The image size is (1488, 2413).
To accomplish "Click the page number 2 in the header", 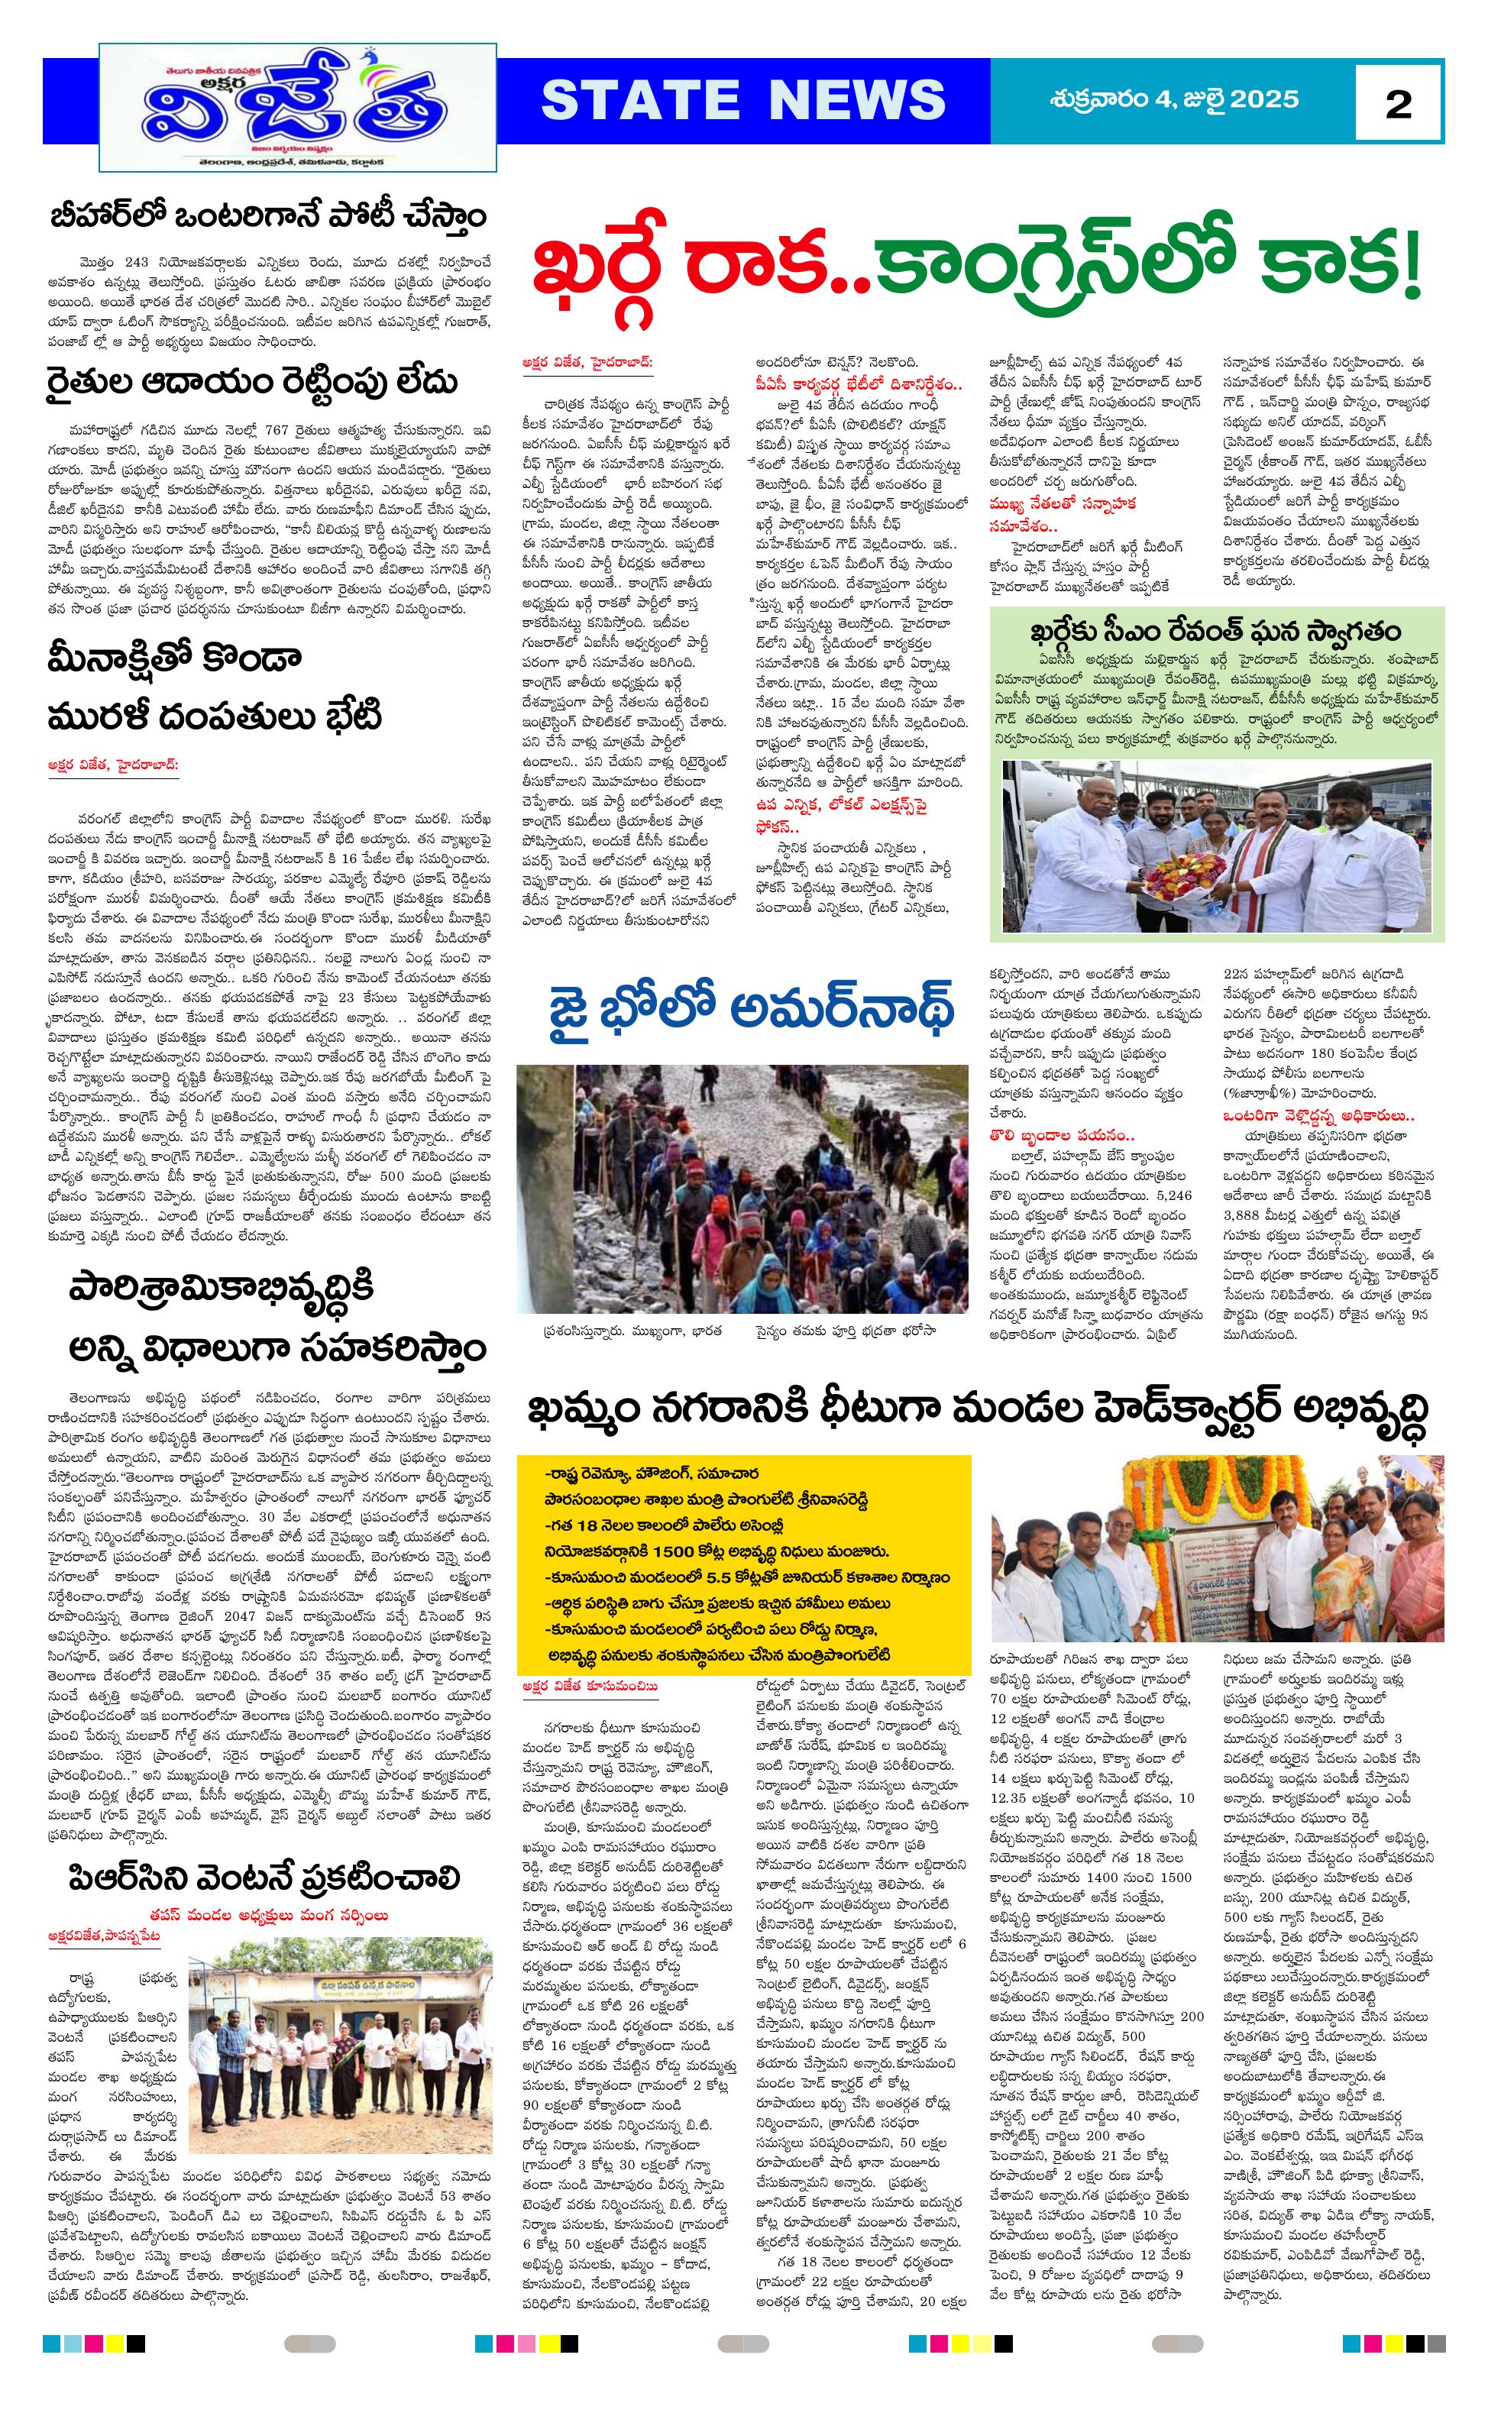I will pos(1397,103).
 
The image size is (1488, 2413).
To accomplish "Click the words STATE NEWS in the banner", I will pos(743,100).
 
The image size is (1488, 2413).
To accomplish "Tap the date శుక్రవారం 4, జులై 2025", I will pos(1174,99).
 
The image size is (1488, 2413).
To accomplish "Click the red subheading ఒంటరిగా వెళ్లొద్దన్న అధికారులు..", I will pos(1318,1115).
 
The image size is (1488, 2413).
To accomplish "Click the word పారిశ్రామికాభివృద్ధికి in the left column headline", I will pos(222,1289).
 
